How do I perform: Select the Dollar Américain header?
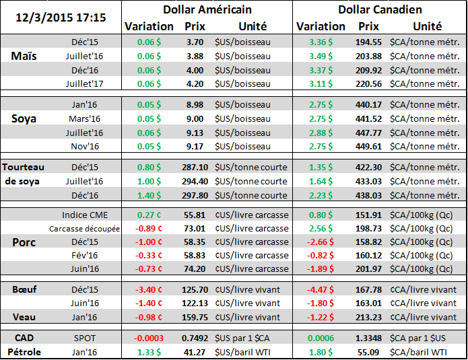pyautogui.click(x=207, y=9)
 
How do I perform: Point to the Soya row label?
pyautogui.click(x=26, y=118)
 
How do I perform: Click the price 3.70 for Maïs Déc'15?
pyautogui.click(x=195, y=42)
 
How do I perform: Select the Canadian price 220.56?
pyautogui.click(x=369, y=83)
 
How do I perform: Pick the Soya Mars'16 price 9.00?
pyautogui.click(x=195, y=118)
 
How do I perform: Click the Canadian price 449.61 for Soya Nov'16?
pyautogui.click(x=369, y=146)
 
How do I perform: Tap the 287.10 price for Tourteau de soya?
pyautogui.click(x=195, y=167)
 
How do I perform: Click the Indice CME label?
pyautogui.click(x=83, y=215)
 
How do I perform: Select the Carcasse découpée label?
pyautogui.click(x=84, y=229)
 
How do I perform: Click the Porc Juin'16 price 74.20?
pyautogui.click(x=195, y=269)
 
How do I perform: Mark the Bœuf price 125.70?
pyautogui.click(x=195, y=290)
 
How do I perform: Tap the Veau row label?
pyautogui.click(x=25, y=317)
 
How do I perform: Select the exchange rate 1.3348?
pyautogui.click(x=369, y=338)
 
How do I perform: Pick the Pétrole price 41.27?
pyautogui.click(x=195, y=351)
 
